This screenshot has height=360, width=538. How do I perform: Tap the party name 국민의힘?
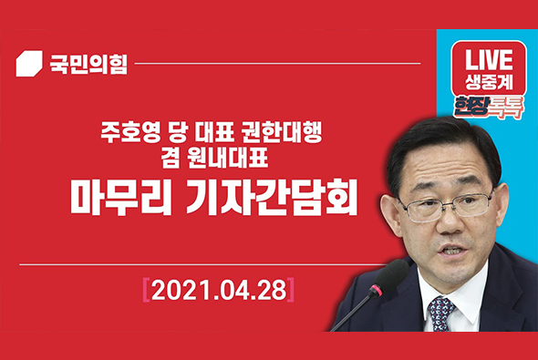click(87, 64)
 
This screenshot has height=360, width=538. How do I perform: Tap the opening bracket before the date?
click(146, 291)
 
